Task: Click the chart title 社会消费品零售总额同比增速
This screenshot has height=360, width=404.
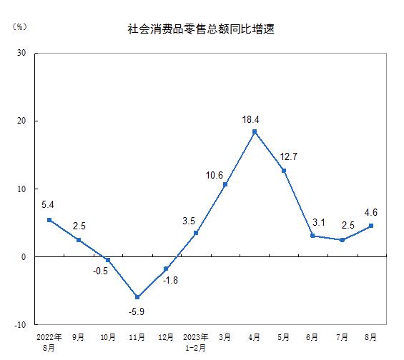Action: coord(201,29)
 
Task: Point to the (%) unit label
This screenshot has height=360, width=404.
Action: coord(19,26)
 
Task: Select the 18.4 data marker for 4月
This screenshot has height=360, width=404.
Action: coord(255,131)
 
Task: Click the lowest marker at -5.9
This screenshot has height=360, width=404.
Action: coord(137,297)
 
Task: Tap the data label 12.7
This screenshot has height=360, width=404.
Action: coord(289,156)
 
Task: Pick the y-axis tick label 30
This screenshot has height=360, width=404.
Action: coord(21,53)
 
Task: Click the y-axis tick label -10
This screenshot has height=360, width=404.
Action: coord(20,325)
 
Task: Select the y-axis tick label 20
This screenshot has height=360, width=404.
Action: coord(21,121)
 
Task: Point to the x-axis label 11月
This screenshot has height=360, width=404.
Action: coord(137,337)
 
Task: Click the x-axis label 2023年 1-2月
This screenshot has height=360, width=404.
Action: coord(195,343)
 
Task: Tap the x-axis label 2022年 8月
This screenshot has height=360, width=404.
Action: coord(49,343)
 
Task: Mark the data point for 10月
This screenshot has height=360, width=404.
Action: coord(108,260)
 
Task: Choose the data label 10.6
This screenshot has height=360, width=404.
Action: coord(214,176)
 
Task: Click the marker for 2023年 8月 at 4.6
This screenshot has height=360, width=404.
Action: coord(371,226)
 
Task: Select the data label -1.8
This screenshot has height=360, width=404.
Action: coord(170,280)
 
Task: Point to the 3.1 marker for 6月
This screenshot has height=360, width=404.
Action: coord(312,236)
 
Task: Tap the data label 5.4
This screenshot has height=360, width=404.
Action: coord(48,205)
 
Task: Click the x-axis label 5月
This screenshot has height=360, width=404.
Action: coord(283,337)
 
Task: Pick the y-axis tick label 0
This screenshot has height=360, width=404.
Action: coord(24,257)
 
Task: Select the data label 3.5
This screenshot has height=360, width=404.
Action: coord(189,221)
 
